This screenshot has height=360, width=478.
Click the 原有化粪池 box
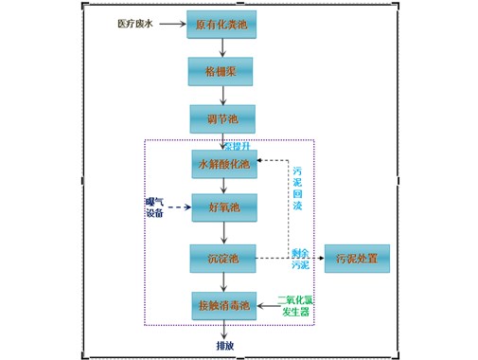(221, 24)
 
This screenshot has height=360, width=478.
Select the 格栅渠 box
(221, 71)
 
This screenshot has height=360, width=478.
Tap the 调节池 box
(221, 118)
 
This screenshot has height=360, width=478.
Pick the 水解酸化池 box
(223, 164)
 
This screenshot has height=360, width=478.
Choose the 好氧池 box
(223, 207)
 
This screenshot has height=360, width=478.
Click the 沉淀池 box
(223, 258)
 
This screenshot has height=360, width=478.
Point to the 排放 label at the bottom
(224, 345)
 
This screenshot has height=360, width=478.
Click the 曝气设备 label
(153, 207)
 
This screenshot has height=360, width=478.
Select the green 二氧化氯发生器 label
(296, 305)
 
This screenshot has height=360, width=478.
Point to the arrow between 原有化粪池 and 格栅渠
(222, 47)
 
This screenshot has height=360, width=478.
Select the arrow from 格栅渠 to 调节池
(222, 95)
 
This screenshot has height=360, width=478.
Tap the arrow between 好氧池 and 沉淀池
(223, 233)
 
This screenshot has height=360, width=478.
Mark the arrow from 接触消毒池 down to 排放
(223, 329)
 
